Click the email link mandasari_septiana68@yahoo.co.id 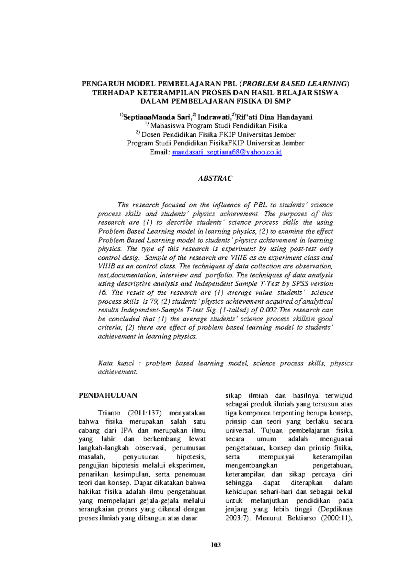point(227,152)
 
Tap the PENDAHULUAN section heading point(108,395)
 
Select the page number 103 point(216,545)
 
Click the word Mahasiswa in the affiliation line point(168,126)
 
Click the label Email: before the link point(160,152)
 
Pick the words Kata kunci point(116,363)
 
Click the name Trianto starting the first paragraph point(109,413)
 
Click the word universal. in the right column point(240,430)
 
